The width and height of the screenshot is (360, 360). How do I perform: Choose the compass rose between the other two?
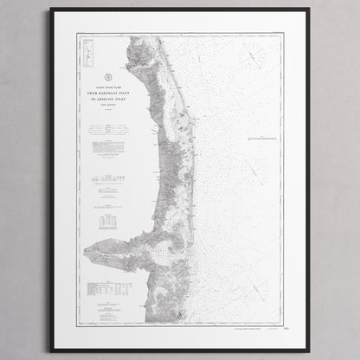click(254, 171)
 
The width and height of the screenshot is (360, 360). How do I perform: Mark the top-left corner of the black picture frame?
click(51, 9)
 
